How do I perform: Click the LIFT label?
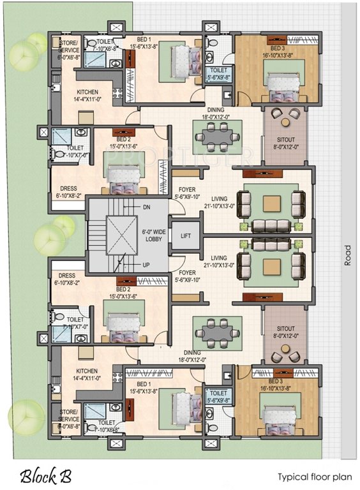tap(186, 236)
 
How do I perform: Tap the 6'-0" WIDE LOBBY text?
tap(148, 234)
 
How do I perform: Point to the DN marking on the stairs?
tap(146, 207)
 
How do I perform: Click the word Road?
tap(348, 255)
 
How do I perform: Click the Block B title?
tap(45, 475)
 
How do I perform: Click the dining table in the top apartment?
tap(216, 135)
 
